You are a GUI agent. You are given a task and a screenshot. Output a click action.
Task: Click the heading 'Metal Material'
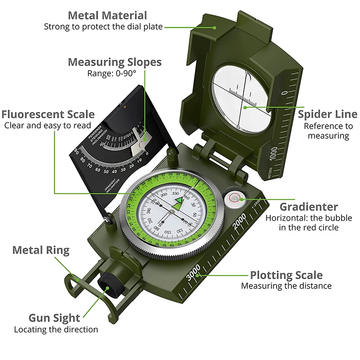tap(107, 15)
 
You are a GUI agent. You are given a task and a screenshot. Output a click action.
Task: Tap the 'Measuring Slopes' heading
tap(114, 62)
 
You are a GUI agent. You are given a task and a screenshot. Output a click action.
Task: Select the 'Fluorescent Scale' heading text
tap(48, 114)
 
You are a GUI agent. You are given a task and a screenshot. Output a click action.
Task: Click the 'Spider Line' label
tap(327, 114)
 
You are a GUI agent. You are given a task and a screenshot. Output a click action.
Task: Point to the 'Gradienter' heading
tap(309, 207)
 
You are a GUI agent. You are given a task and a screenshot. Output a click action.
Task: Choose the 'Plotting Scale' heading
tap(286, 275)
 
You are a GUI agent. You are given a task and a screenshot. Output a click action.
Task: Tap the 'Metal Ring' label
tap(41, 250)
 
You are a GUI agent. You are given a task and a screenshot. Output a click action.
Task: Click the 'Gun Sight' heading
tap(54, 318)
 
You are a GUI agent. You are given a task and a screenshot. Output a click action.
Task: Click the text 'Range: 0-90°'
tap(112, 73)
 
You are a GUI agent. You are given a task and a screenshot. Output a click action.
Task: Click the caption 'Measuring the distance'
tap(286, 286)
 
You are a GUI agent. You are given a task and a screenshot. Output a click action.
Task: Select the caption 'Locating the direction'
tap(56, 329)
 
